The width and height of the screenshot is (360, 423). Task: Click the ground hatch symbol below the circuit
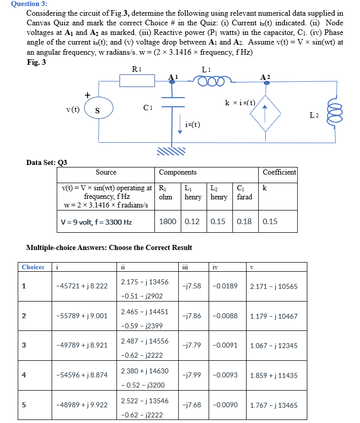tap(171, 151)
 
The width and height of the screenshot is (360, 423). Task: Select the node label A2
tap(265, 77)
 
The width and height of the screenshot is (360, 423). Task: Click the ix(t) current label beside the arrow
tap(192, 124)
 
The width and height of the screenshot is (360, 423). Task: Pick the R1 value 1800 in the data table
tap(168, 222)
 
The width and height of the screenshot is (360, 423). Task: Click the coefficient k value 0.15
tap(270, 222)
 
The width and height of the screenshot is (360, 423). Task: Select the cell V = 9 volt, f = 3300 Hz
tap(96, 222)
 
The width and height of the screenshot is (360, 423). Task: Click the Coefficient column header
tap(279, 172)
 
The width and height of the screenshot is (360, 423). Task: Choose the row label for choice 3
tap(23, 345)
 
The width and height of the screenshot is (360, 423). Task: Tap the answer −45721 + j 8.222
tap(82, 286)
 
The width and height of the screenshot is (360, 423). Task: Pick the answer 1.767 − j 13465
tap(273, 405)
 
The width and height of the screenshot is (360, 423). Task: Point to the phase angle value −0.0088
tap(225, 316)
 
